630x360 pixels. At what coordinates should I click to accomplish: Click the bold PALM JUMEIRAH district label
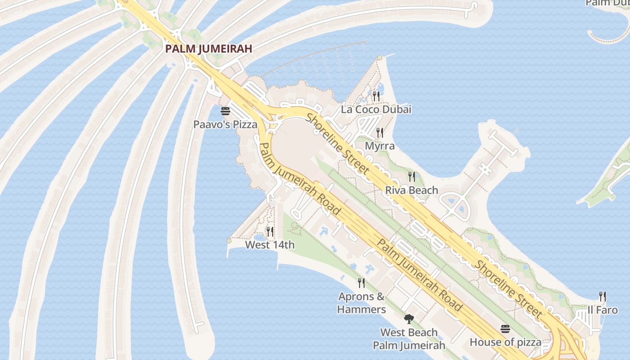click(208, 49)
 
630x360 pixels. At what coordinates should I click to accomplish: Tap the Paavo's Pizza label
click(225, 124)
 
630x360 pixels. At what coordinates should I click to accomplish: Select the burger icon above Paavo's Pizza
click(225, 111)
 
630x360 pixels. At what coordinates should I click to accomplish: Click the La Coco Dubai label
click(376, 109)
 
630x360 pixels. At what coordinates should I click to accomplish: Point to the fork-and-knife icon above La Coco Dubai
click(376, 96)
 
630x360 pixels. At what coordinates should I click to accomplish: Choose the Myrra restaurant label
click(380, 146)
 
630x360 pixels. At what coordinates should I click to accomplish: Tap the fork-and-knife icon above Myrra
click(380, 132)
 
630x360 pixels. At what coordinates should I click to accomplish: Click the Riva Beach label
click(411, 190)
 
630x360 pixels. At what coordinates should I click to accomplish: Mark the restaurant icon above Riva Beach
click(412, 177)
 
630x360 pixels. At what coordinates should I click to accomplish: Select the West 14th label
click(270, 245)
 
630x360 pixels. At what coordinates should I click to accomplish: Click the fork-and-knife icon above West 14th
click(270, 232)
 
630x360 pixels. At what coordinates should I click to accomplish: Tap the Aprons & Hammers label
click(361, 303)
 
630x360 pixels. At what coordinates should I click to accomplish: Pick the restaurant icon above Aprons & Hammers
click(361, 283)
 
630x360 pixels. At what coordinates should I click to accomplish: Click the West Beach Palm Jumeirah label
click(409, 339)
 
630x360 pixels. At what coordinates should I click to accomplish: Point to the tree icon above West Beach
click(409, 319)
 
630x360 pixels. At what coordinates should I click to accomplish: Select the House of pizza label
click(505, 342)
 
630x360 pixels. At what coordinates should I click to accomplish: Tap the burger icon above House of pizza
click(505, 329)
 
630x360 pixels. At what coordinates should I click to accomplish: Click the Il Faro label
click(603, 310)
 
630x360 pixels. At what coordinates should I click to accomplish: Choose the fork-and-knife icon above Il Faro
click(603, 297)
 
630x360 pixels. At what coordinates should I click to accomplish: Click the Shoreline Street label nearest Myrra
click(338, 144)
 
